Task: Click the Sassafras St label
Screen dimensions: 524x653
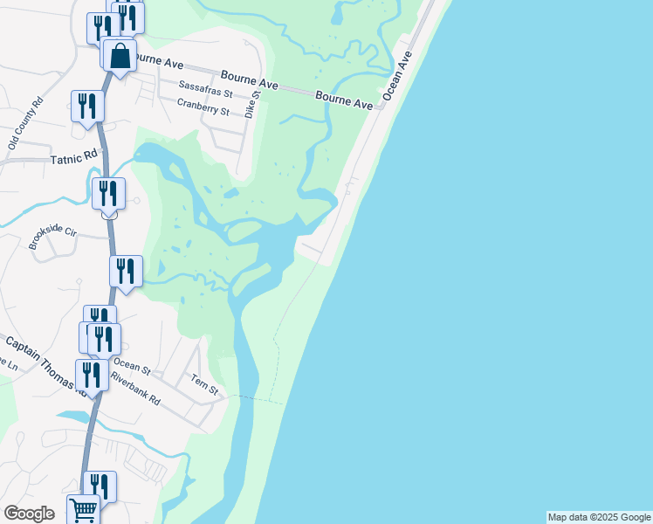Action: pyautogui.click(x=206, y=91)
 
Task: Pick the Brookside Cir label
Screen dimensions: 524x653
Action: pyautogui.click(x=52, y=233)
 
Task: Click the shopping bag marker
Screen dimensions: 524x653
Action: pyautogui.click(x=120, y=57)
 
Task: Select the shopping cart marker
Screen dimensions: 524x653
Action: pyautogui.click(x=84, y=508)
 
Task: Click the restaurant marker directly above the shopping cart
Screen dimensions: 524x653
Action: pyautogui.click(x=100, y=486)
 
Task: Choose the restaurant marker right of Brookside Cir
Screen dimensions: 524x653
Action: pyautogui.click(x=126, y=272)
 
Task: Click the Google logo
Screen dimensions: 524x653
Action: pyautogui.click(x=29, y=514)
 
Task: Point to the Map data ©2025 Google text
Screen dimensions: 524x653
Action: pyautogui.click(x=599, y=517)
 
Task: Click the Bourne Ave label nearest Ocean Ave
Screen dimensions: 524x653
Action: pyautogui.click(x=344, y=100)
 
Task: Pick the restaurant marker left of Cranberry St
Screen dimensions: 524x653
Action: pyautogui.click(x=87, y=107)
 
